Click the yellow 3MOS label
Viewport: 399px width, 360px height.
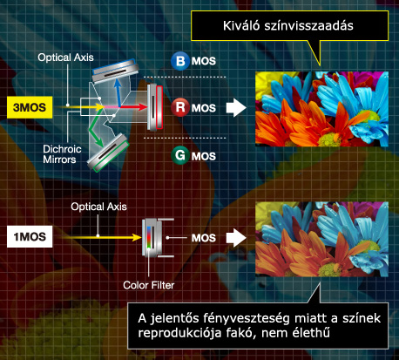click(x=30, y=107)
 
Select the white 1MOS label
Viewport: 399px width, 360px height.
click(x=30, y=236)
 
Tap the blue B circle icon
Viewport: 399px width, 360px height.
click(x=180, y=61)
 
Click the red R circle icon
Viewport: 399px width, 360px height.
click(x=180, y=107)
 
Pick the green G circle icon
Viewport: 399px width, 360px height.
click(x=180, y=155)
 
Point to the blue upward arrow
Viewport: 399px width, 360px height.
click(x=118, y=92)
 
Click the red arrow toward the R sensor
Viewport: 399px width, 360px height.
click(x=133, y=107)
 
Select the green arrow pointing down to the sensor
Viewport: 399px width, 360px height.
click(x=97, y=130)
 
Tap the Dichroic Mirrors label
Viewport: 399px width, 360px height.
click(x=62, y=154)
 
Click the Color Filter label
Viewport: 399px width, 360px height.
click(x=149, y=285)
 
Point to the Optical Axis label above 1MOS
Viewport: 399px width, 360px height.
click(x=98, y=207)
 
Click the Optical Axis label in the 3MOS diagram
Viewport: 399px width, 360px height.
click(x=65, y=58)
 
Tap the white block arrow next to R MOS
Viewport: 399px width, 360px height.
click(x=236, y=107)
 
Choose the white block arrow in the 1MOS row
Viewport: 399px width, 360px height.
click(x=236, y=238)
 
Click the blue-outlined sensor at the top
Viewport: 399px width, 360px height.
click(x=115, y=71)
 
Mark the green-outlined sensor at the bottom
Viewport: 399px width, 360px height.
click(x=108, y=153)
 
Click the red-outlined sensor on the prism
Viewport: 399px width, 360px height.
click(x=155, y=107)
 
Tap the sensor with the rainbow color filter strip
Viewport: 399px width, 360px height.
click(x=152, y=238)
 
